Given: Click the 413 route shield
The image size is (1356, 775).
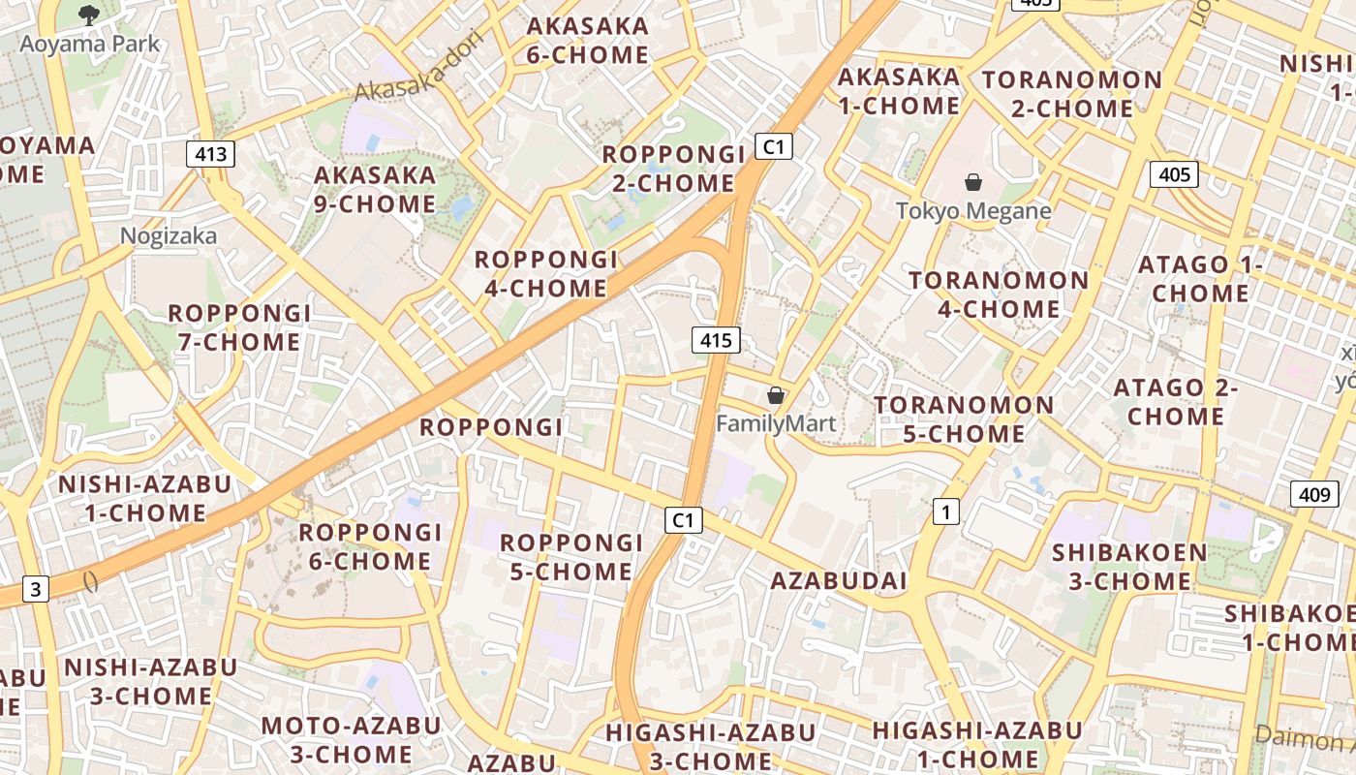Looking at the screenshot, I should point(210,153).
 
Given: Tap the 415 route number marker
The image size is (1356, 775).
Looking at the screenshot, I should point(716,340).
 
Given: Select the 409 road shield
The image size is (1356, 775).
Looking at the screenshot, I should point(1314,494).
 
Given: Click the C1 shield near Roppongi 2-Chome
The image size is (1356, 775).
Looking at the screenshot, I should point(773,146).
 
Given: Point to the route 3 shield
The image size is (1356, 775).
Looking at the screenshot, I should point(36,588).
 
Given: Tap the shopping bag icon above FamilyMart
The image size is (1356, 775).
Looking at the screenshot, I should point(775,395).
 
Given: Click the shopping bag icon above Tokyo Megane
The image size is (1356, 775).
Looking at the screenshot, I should point(973,182).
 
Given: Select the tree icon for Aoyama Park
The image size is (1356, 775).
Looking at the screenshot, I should point(89,15).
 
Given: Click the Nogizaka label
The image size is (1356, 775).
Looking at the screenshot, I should point(169,235).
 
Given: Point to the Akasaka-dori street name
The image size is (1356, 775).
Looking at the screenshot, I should point(418,74).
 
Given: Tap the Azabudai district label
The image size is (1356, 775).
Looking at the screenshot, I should point(839,580).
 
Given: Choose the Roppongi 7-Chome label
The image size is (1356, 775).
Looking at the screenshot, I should point(239,327).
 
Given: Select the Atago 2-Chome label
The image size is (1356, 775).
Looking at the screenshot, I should point(1176,402).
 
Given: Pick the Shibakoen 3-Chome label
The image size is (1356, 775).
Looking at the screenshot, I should point(1129,567).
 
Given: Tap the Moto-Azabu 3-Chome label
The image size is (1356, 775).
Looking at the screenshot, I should point(351,739).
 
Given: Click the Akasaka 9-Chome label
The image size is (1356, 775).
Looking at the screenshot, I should point(375,189).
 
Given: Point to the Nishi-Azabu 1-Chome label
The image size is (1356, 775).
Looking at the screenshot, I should point(145,498).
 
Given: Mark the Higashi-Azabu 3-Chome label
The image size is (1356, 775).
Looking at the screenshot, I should point(710,746).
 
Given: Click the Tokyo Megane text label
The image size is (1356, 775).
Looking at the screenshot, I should point(973,210).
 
